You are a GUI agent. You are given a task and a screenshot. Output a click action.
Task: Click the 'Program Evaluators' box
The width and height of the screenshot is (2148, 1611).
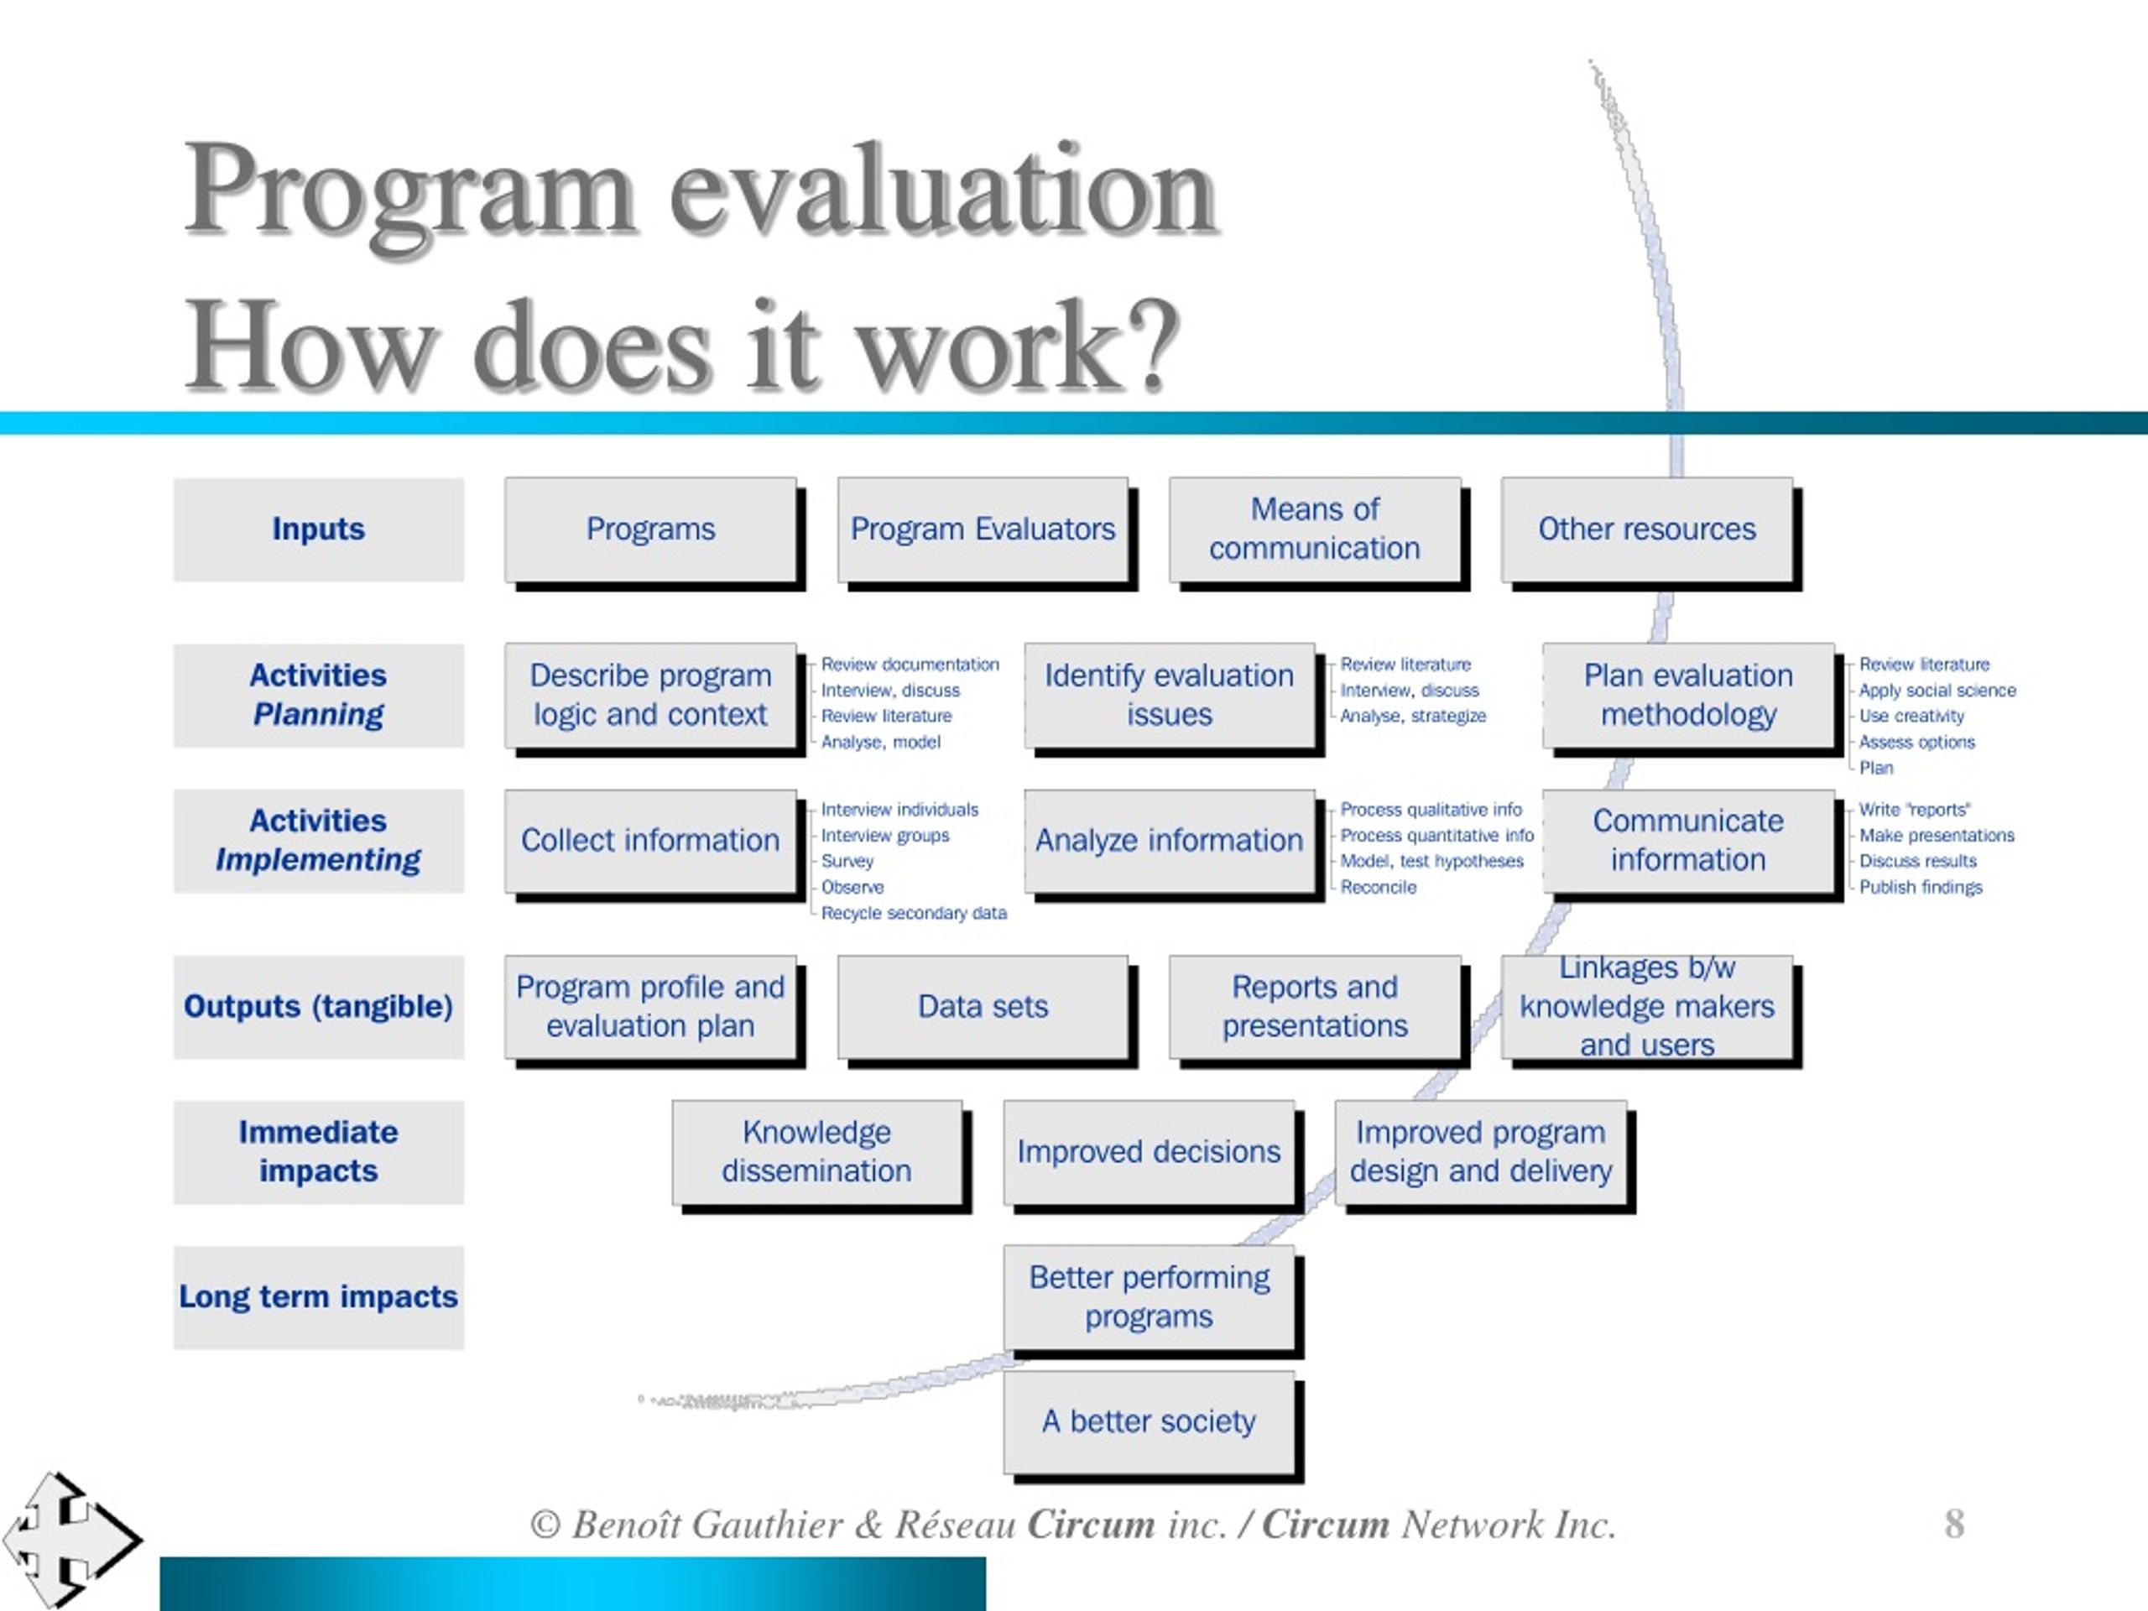[983, 530]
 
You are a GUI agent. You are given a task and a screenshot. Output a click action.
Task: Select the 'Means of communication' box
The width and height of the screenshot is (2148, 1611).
[1315, 530]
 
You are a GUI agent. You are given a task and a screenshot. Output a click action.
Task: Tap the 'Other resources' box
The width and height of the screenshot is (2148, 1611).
[1647, 530]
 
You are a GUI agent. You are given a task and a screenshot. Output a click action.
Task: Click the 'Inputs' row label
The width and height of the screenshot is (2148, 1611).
[319, 530]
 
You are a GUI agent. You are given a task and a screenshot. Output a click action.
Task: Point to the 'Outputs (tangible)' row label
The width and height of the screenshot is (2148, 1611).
[319, 1007]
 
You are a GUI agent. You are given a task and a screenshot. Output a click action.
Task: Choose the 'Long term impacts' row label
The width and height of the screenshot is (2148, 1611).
[319, 1297]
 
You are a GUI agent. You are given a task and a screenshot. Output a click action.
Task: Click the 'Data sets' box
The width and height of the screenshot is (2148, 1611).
[983, 1007]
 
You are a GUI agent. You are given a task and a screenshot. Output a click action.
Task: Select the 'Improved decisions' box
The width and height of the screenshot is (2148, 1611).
[1149, 1153]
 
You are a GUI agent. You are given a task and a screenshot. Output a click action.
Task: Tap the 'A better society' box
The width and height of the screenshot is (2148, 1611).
[1149, 1422]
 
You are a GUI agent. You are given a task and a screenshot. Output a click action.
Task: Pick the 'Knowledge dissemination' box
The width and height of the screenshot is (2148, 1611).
[816, 1153]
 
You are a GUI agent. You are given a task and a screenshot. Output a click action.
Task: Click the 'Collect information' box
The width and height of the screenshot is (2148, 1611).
[650, 841]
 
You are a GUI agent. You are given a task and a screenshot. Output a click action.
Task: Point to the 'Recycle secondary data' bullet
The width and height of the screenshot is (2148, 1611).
[914, 913]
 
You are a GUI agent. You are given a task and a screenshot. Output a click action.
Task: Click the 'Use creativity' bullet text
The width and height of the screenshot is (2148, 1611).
[1911, 716]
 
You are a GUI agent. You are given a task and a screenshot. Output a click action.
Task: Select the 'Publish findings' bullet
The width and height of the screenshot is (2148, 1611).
[1921, 887]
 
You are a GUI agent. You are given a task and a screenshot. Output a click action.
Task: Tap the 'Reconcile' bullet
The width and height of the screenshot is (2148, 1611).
[1378, 887]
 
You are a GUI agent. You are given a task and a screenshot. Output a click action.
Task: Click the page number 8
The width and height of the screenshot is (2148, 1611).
[1955, 1524]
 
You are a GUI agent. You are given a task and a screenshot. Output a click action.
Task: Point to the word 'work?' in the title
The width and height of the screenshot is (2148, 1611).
[1019, 347]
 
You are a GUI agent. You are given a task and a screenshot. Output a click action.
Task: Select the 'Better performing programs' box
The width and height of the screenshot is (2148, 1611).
[1149, 1298]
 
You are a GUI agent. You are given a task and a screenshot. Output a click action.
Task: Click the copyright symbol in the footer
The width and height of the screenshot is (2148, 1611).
[545, 1525]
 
